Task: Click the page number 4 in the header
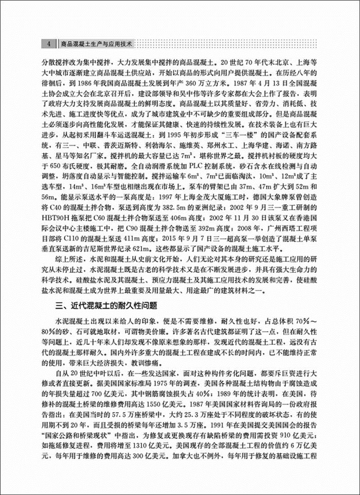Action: [47, 43]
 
